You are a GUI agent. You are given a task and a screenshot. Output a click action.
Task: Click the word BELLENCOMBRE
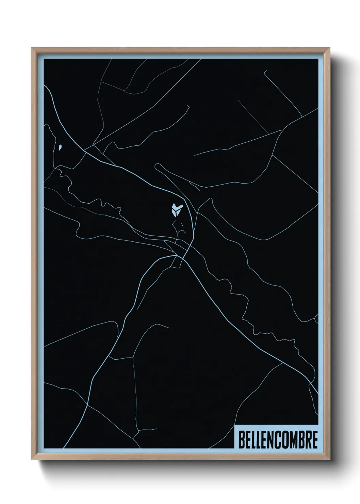(278, 440)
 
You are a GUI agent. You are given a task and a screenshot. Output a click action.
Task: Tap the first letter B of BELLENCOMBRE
(242, 440)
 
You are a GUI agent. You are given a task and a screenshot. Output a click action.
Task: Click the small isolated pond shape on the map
(60, 147)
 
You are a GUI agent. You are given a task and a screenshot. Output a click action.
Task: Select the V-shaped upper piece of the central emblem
(177, 206)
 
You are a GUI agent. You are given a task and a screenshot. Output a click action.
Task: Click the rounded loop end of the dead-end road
(158, 167)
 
